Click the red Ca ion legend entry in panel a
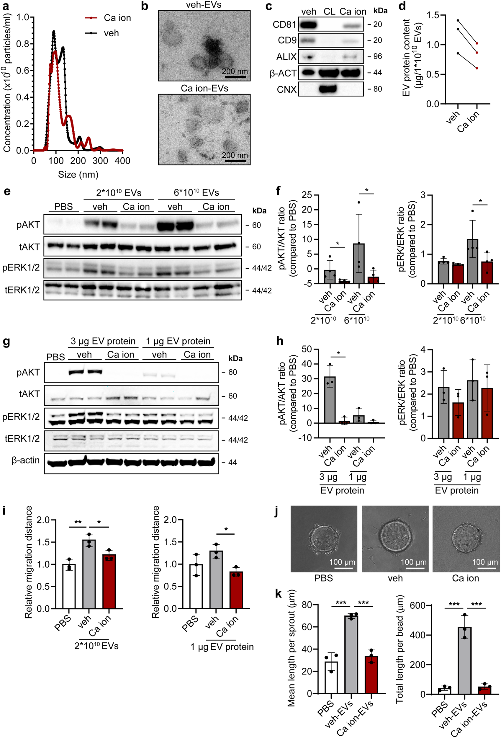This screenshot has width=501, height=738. [108, 18]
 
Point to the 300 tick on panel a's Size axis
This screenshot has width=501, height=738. [100, 161]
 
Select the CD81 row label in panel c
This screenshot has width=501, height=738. [284, 25]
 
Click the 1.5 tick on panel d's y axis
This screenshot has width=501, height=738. [433, 15]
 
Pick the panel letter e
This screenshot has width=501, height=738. [7, 192]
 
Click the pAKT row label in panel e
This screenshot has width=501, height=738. [28, 225]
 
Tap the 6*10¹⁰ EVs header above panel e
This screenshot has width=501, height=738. [196, 192]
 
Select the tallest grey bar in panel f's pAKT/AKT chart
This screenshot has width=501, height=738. [359, 263]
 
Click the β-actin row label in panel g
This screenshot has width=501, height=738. [25, 461]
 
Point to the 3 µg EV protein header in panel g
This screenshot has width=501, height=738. [103, 341]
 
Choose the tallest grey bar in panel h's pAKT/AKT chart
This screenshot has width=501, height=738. [330, 400]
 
